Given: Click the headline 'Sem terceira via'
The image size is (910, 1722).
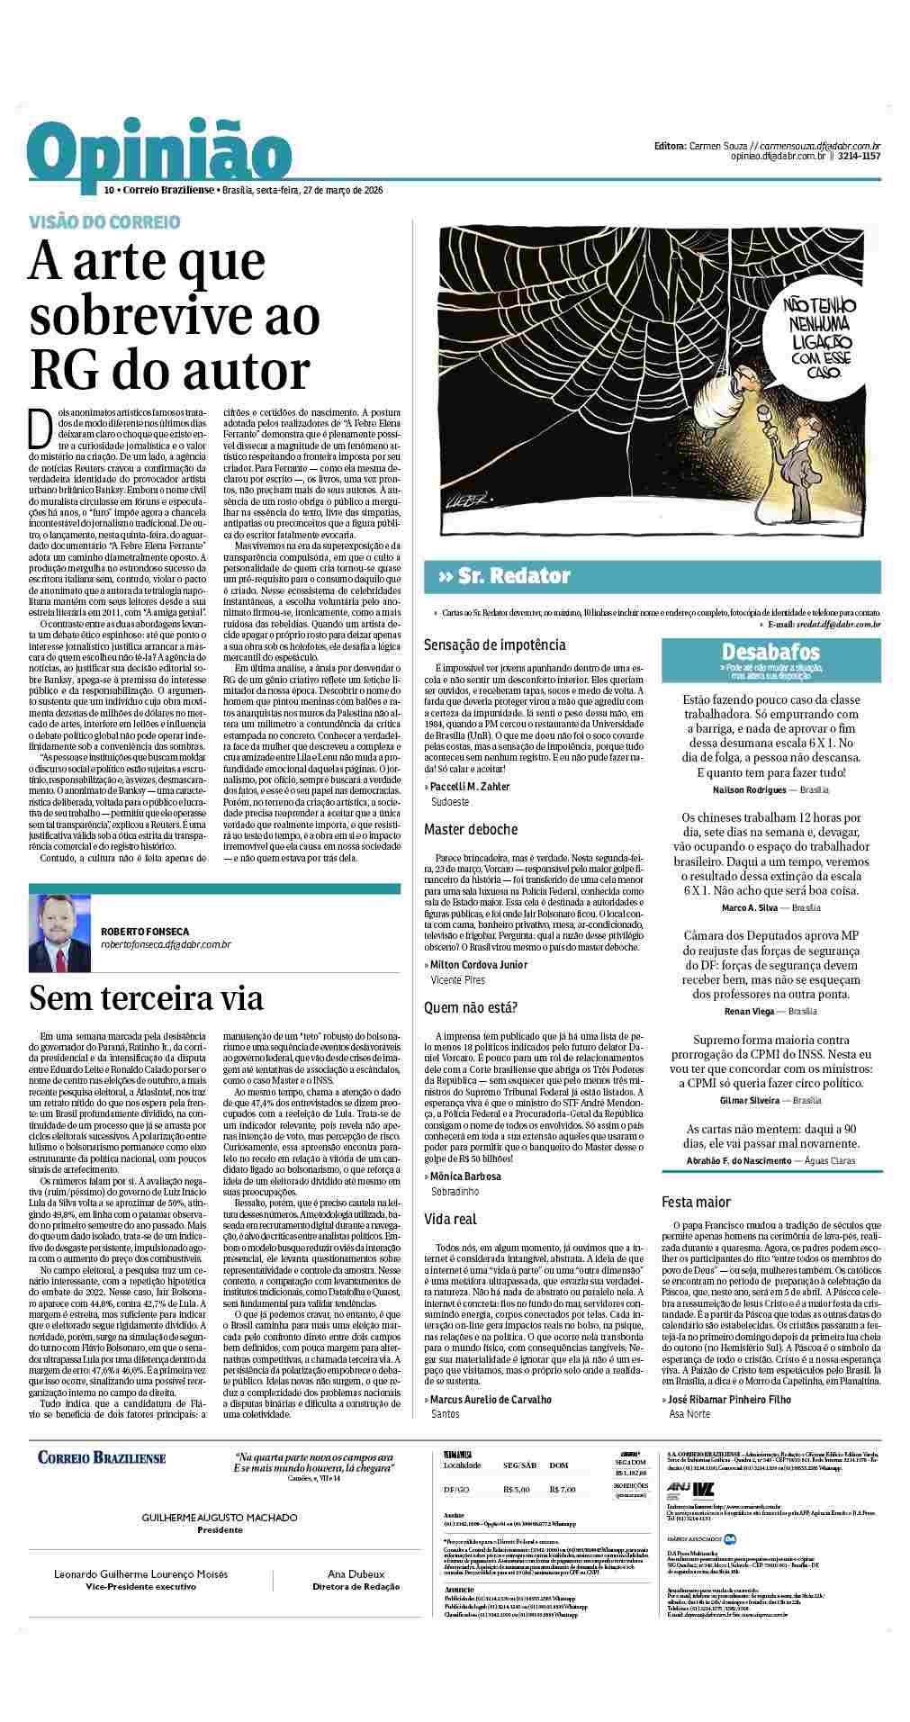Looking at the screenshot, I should tap(146, 998).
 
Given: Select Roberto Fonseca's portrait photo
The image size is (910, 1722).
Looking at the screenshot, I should tap(59, 933).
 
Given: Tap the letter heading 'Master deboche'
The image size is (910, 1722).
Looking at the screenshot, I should tap(471, 829).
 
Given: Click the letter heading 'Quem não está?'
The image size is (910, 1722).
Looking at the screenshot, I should tap(471, 1008).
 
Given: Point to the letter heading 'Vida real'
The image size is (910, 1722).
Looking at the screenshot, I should tap(451, 1220).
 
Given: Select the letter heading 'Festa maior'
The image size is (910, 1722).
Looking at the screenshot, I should tap(696, 1202).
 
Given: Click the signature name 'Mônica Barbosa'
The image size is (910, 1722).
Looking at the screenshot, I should tap(465, 1177).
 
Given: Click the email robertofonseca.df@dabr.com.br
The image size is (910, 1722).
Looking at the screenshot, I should tap(167, 944).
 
